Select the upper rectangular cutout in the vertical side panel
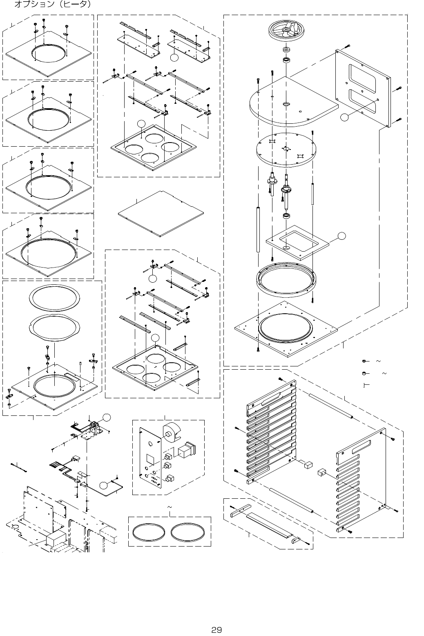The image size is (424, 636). pyautogui.click(x=362, y=74)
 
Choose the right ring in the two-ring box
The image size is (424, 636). pyautogui.click(x=187, y=531)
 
